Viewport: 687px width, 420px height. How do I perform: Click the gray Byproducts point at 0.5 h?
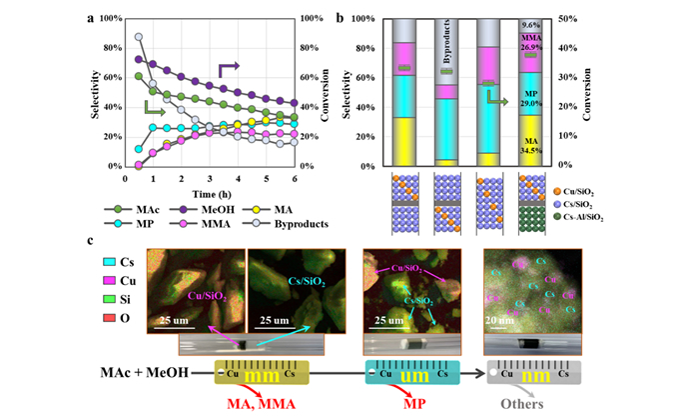click(139, 38)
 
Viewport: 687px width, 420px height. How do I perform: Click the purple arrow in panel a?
click(229, 69)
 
